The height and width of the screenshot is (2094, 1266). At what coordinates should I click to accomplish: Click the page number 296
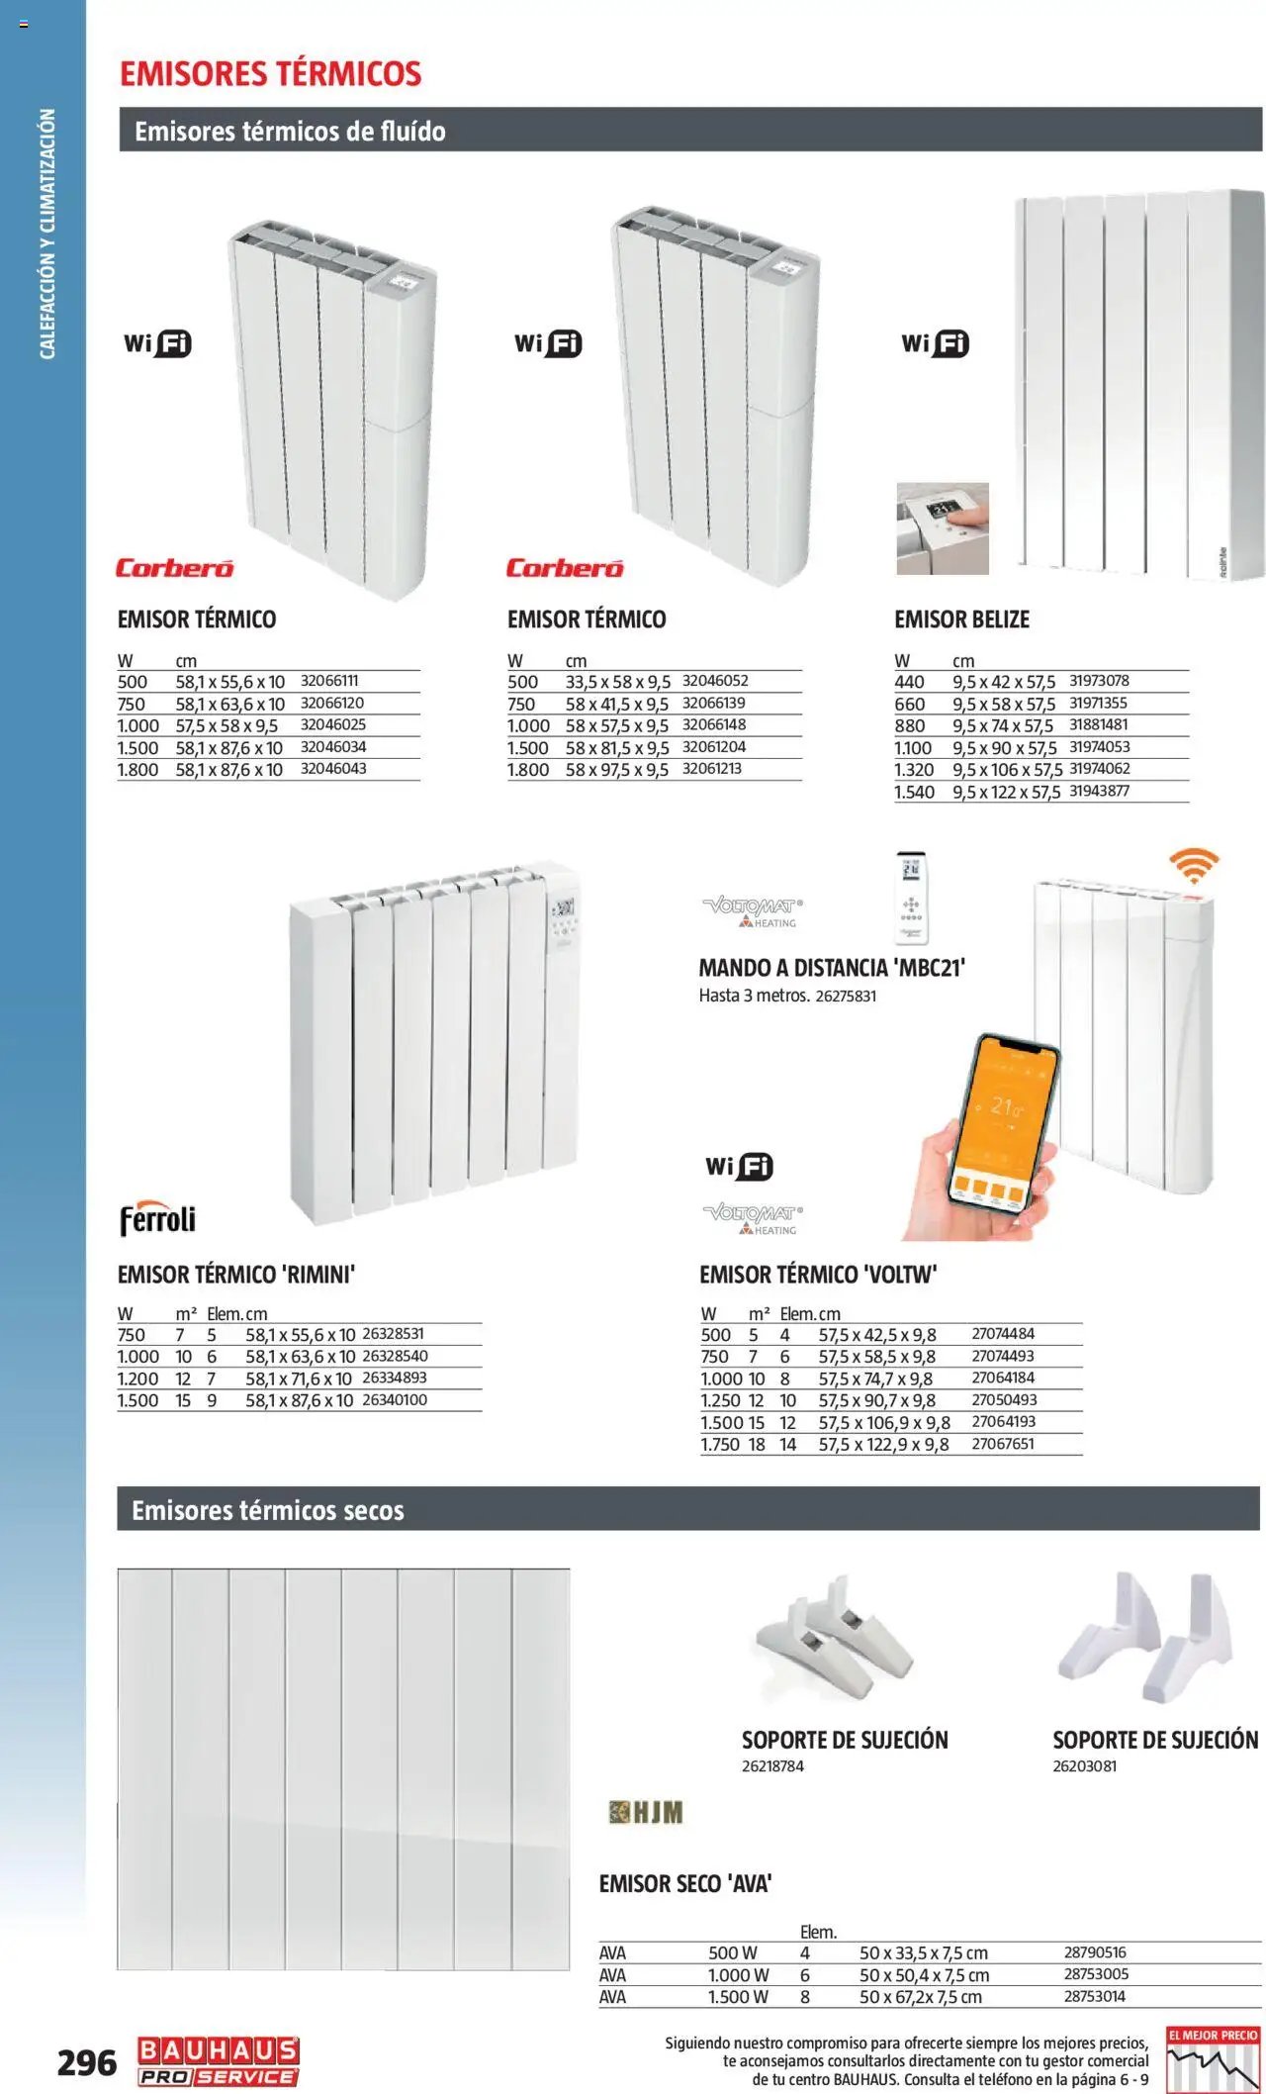[86, 2062]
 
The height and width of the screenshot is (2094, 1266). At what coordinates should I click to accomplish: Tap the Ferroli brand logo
[157, 1219]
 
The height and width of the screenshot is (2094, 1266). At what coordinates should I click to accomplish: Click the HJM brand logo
[646, 1812]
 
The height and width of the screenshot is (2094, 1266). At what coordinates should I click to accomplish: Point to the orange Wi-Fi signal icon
[1194, 865]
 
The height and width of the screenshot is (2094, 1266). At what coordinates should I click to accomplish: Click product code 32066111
[329, 681]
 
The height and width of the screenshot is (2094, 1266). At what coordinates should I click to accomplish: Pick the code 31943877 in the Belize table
[1099, 791]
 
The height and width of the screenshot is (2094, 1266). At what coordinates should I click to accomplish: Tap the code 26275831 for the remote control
[846, 997]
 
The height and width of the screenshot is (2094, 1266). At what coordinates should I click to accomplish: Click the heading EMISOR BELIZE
[961, 619]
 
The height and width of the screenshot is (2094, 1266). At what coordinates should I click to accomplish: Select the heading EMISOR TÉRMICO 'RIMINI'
[235, 1275]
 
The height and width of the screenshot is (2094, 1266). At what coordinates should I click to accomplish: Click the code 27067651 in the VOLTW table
[1003, 1444]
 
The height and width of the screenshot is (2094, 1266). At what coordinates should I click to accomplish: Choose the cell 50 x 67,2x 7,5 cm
[920, 1997]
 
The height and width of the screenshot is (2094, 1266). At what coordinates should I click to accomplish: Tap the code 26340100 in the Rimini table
[395, 1400]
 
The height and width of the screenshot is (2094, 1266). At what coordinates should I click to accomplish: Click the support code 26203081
[1084, 1766]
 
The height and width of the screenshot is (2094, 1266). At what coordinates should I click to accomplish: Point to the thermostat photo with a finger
[943, 528]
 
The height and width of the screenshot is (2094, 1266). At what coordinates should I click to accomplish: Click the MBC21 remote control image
[911, 897]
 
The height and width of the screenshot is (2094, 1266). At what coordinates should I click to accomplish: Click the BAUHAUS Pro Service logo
[219, 2063]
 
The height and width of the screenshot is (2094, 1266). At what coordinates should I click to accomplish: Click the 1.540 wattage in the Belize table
[914, 792]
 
